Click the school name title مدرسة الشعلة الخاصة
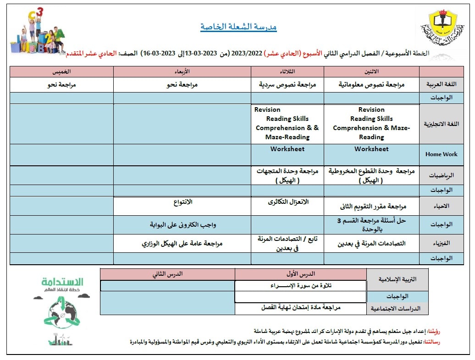coord(238,27)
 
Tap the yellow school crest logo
coord(442,28)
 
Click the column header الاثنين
coord(371,71)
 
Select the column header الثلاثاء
coord(287,71)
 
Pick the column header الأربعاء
coord(182,71)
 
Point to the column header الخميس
coord(62,71)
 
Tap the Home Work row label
coord(441,154)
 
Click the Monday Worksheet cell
coord(371,149)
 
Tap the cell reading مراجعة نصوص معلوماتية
coord(371,85)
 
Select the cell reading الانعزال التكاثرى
coord(287,202)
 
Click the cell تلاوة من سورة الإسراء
coord(301,286)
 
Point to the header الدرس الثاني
coord(167,274)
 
